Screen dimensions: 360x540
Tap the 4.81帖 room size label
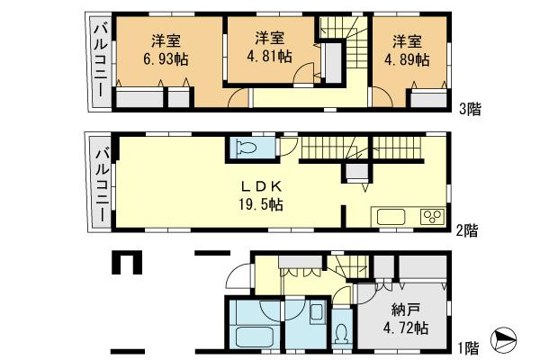(270, 57)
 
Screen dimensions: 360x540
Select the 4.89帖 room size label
(409, 59)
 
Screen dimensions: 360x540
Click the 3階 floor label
(469, 109)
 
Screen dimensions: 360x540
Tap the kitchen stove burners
(430, 217)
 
